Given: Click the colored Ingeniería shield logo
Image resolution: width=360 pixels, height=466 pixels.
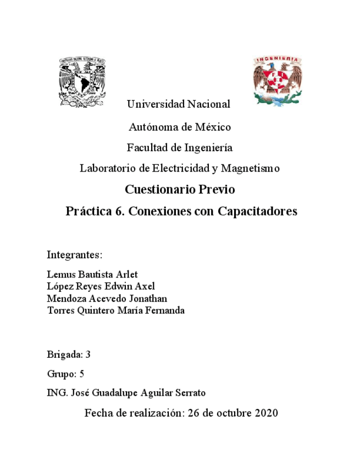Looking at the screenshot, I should [277, 80].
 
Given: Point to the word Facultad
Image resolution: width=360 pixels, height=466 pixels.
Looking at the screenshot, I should [147, 148].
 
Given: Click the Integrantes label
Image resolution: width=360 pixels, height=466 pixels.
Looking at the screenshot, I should [75, 255].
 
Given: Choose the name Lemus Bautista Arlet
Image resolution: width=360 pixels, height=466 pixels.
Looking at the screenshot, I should [92, 274].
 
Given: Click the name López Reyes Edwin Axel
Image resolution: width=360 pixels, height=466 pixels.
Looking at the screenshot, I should [101, 286].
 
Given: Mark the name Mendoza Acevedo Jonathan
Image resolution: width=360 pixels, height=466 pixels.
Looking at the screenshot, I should [107, 298].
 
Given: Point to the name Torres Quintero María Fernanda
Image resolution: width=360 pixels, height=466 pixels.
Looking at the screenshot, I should [116, 310].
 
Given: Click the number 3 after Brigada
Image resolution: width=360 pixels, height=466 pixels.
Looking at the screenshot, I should [87, 354].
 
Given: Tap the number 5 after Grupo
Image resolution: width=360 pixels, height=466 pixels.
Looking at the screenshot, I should [81, 374].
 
